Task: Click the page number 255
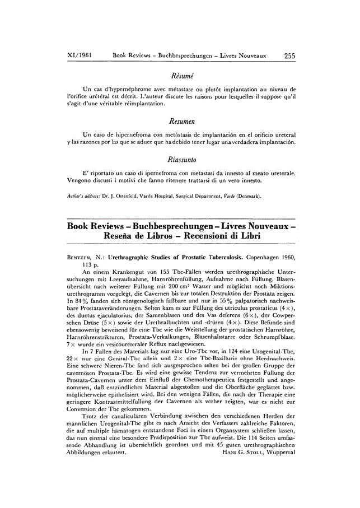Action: [x=289, y=56]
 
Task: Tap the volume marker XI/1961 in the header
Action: [x=80, y=56]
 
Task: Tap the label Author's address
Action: [x=83, y=197]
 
